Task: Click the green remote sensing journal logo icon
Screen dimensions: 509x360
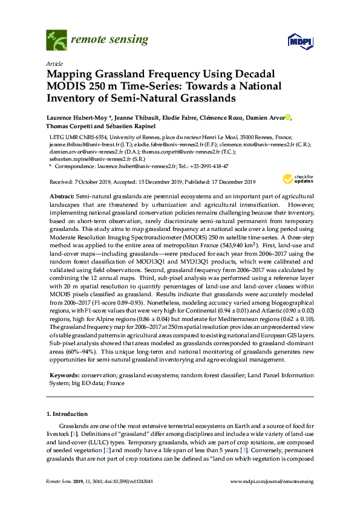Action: (x=57, y=41)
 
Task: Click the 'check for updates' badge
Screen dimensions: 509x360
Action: (x=296, y=178)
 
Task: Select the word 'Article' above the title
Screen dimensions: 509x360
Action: (x=54, y=63)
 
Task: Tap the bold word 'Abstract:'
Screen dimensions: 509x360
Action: (x=61, y=197)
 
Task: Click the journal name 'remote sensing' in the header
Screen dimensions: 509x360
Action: (x=110, y=41)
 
